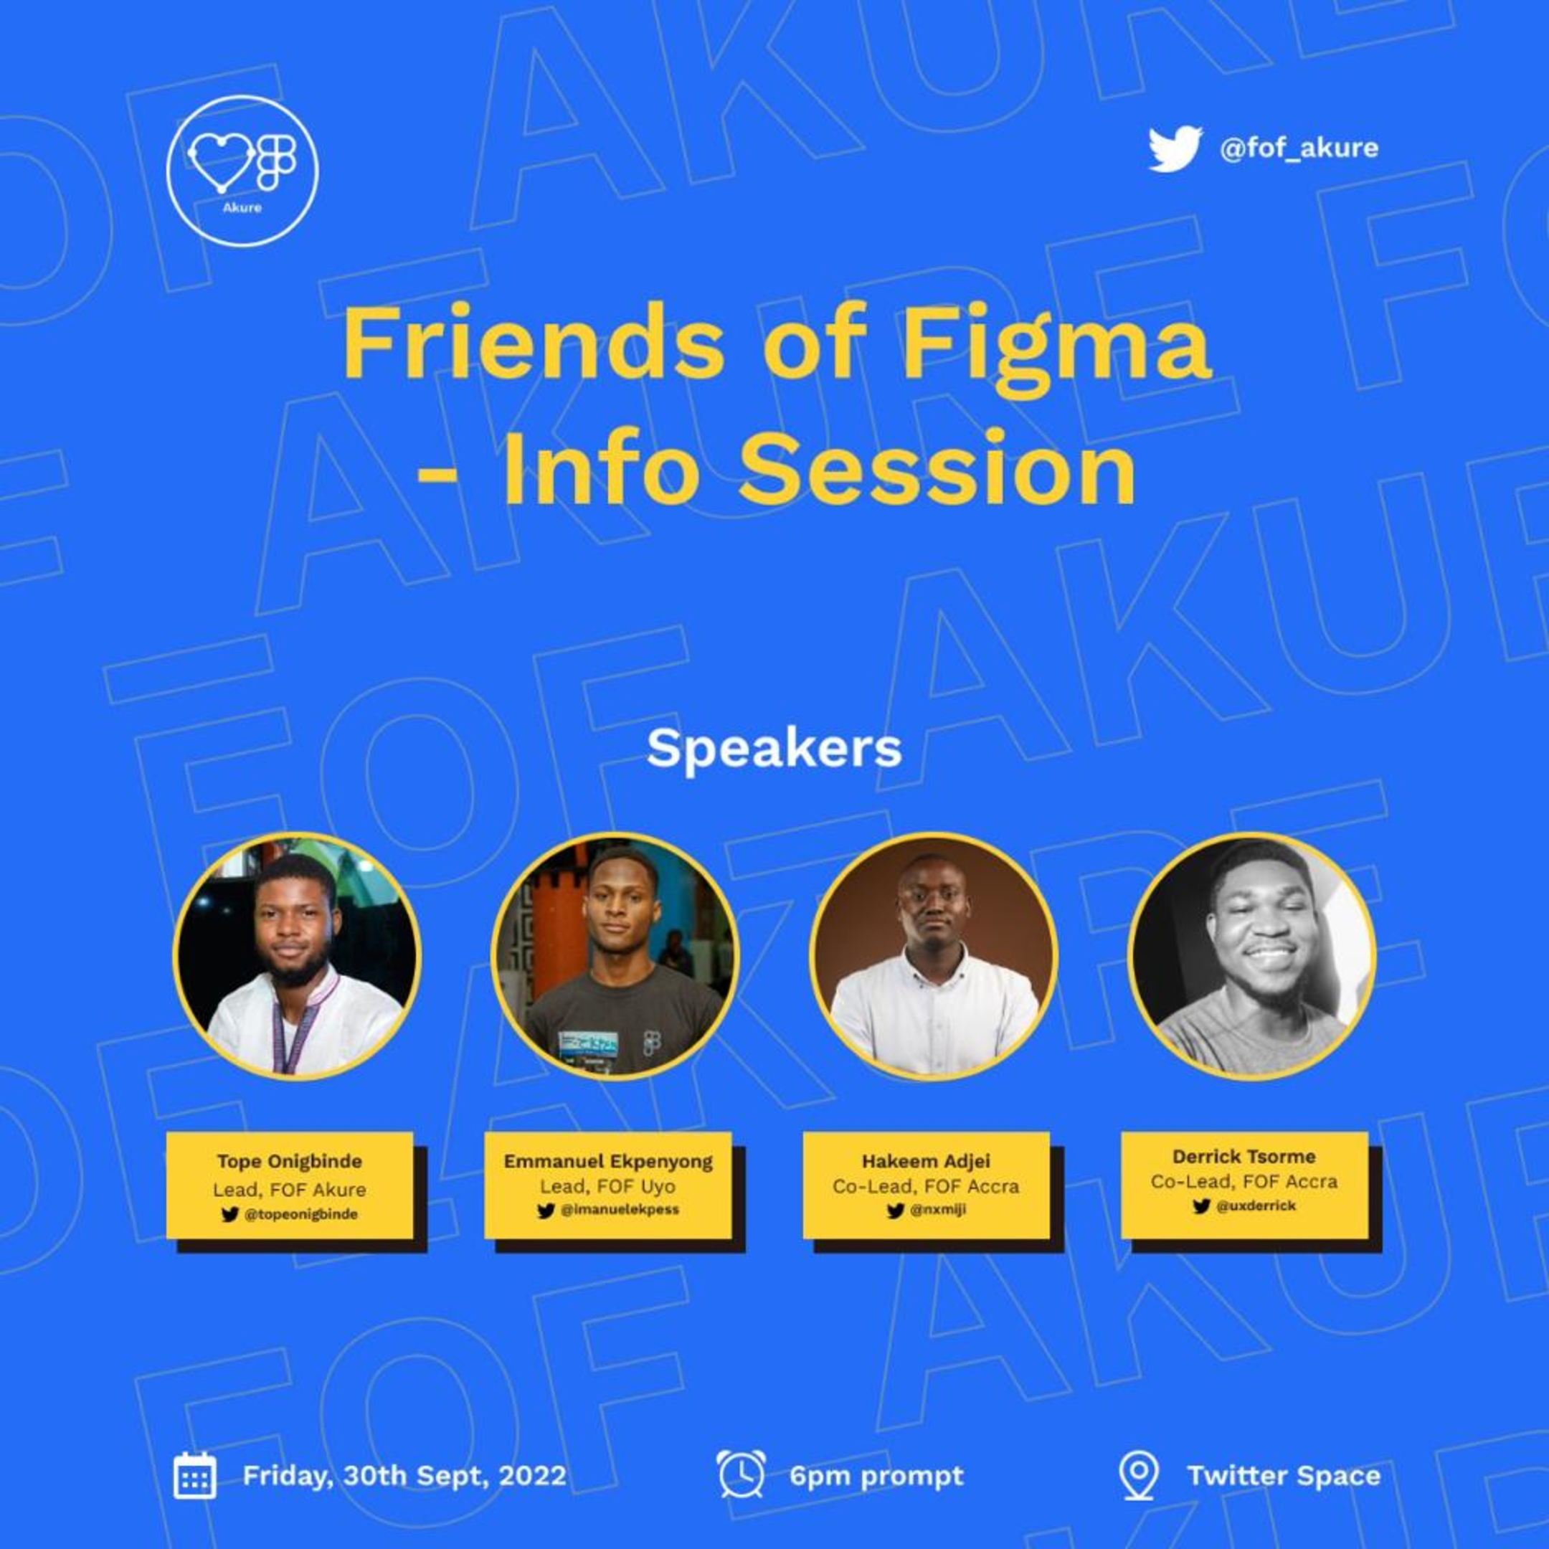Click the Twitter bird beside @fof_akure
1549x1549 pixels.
pyautogui.click(x=1174, y=149)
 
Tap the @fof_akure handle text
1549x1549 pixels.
pyautogui.click(x=1298, y=148)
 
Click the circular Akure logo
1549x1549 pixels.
pyautogui.click(x=242, y=171)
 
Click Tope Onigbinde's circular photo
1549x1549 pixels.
pyautogui.click(x=297, y=957)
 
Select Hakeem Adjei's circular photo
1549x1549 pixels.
pyautogui.click(x=932, y=957)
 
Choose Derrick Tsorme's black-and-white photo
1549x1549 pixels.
pyautogui.click(x=1251, y=957)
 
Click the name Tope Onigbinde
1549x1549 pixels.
pyautogui.click(x=290, y=1161)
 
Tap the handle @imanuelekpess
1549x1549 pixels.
pyautogui.click(x=619, y=1210)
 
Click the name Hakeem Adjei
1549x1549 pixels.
pyautogui.click(x=926, y=1161)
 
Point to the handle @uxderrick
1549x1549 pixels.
pyautogui.click(x=1255, y=1205)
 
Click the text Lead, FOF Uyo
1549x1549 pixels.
pyautogui.click(x=607, y=1186)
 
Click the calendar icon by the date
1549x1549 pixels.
pyautogui.click(x=195, y=1475)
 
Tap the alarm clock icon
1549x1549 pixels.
pyautogui.click(x=741, y=1474)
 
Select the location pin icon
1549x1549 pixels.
pyautogui.click(x=1139, y=1475)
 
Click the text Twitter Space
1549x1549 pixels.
pyautogui.click(x=1284, y=1475)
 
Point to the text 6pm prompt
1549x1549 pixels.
pyautogui.click(x=876, y=1475)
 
